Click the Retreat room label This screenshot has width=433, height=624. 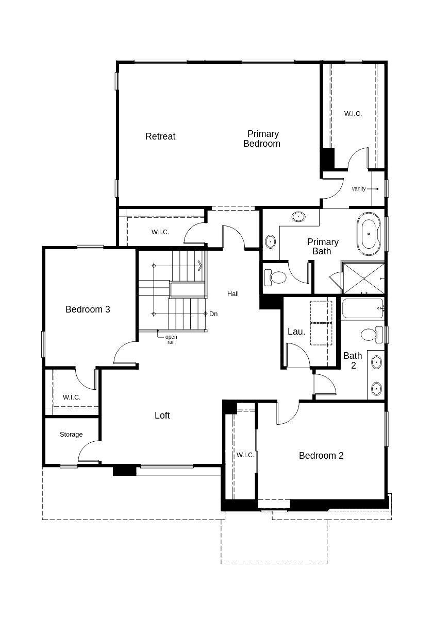point(160,136)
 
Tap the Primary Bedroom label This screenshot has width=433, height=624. point(262,138)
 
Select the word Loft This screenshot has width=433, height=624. point(162,415)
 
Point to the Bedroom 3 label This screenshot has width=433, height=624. point(88,309)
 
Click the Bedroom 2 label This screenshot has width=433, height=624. point(321,456)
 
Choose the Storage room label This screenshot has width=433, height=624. point(71,435)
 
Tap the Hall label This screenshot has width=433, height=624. point(232,293)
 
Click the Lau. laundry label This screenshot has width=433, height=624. point(296,332)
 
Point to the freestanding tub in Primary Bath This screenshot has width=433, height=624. point(369,234)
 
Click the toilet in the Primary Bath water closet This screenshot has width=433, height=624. point(275,278)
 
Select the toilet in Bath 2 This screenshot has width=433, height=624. point(372,335)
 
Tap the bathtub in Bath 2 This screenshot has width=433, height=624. point(363,308)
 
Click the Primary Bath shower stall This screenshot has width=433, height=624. point(363,278)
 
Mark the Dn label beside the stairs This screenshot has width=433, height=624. point(213,314)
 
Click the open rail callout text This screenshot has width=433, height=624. point(171,339)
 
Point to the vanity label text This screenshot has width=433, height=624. point(358,188)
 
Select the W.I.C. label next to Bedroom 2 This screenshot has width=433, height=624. point(245,455)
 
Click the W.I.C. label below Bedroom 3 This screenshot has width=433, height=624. point(72,397)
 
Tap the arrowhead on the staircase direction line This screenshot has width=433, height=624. point(200,266)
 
